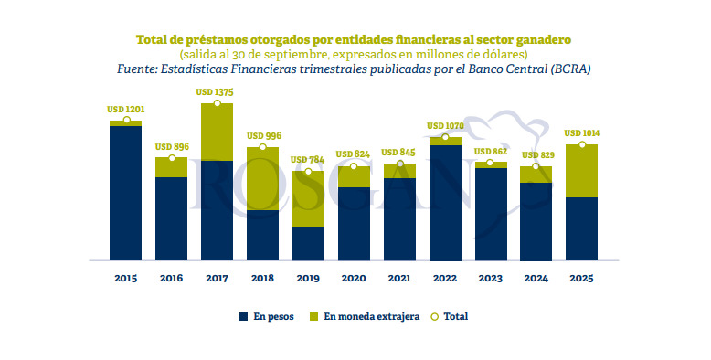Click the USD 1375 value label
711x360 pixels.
(x=217, y=92)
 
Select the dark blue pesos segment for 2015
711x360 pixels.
(x=125, y=193)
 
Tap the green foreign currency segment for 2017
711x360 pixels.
(x=217, y=132)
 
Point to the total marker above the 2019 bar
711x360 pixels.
(x=308, y=171)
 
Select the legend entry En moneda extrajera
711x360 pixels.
(x=364, y=316)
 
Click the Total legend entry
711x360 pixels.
(x=454, y=316)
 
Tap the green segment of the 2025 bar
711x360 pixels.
(x=582, y=171)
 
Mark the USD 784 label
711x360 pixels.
(x=308, y=160)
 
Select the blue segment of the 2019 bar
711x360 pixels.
(x=308, y=243)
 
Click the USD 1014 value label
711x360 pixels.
(x=582, y=133)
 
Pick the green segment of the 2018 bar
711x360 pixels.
(x=262, y=178)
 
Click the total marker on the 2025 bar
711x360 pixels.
(x=582, y=144)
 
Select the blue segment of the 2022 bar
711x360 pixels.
(x=445, y=202)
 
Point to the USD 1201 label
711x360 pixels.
(x=125, y=110)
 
